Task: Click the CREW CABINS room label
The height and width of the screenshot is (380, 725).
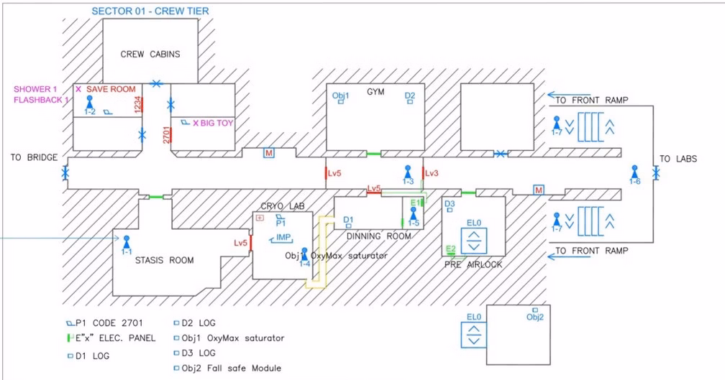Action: click(x=150, y=54)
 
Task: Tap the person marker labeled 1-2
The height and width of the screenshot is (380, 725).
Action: click(x=90, y=102)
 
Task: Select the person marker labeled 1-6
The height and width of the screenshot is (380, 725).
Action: click(x=634, y=172)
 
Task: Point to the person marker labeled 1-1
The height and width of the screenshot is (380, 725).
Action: click(x=127, y=242)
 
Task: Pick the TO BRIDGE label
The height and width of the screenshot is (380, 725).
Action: click(x=34, y=157)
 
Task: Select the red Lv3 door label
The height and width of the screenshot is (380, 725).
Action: click(x=432, y=173)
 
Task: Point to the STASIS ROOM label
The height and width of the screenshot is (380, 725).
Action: click(x=164, y=260)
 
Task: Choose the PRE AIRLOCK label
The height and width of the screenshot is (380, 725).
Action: click(x=473, y=264)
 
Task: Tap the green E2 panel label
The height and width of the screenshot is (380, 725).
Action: click(x=451, y=249)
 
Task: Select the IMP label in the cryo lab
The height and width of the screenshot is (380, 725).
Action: click(x=283, y=237)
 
